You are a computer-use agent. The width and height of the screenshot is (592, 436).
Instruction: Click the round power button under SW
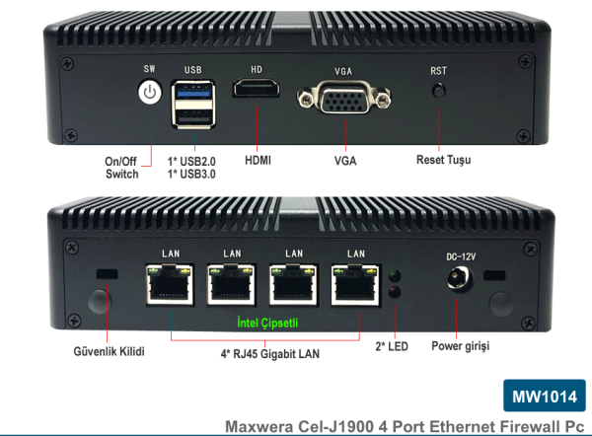coord(149,93)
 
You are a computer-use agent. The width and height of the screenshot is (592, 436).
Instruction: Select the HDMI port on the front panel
coord(257,91)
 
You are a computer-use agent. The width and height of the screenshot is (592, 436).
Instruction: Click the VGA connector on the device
coord(342,100)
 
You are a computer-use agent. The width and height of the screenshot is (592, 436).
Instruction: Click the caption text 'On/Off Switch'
coord(122,167)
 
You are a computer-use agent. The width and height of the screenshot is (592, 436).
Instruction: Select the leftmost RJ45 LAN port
coord(170,286)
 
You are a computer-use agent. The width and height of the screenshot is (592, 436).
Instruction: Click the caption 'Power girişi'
coord(460,347)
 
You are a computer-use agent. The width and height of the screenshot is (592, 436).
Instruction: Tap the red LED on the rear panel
coord(395,293)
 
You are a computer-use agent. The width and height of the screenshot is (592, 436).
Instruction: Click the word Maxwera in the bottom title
coord(260,426)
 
